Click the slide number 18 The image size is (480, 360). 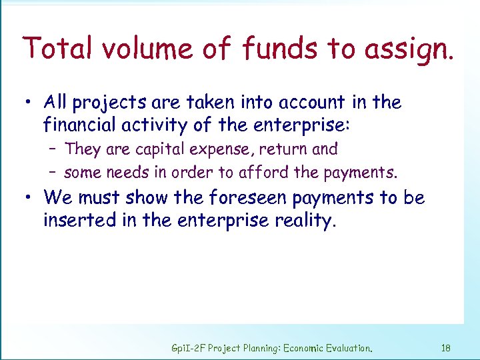coord(446,348)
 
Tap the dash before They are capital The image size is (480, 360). coord(53,150)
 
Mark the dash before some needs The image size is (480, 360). coord(53,173)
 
